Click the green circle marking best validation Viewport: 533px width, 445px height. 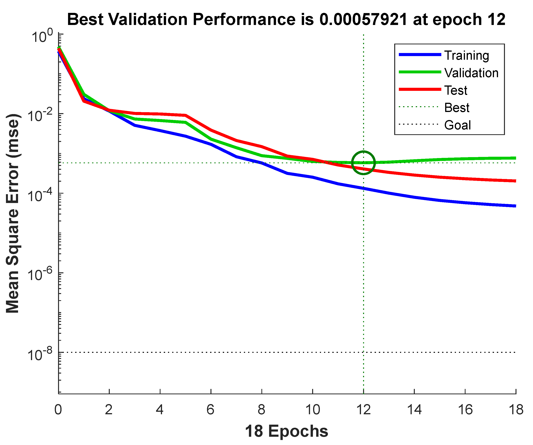[363, 163]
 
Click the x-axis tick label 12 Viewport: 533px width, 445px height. [363, 409]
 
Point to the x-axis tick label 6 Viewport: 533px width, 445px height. [210, 409]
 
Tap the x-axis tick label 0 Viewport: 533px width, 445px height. [58, 409]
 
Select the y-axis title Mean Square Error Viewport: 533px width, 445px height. [12, 214]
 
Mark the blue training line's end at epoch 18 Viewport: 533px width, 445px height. [515, 206]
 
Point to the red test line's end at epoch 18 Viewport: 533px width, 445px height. [515, 181]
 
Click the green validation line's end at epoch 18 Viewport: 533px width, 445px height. [515, 158]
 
